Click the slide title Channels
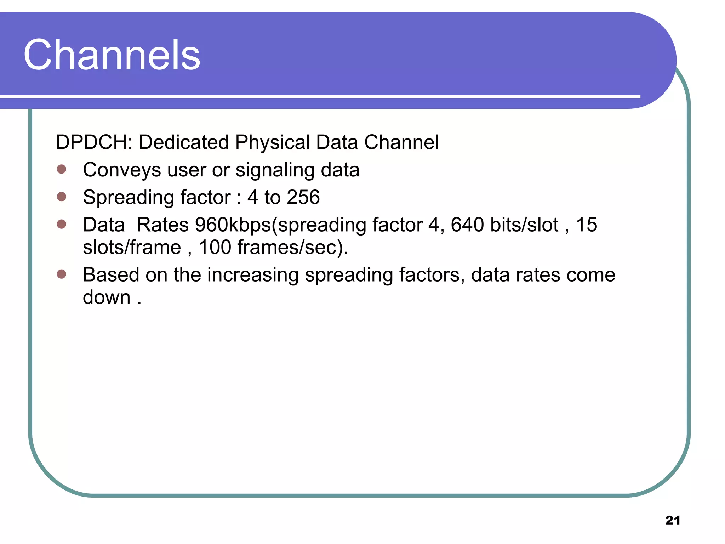(x=112, y=55)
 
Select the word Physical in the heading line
(x=273, y=142)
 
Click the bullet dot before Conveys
(x=62, y=169)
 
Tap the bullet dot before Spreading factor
(x=62, y=197)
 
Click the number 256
(x=303, y=197)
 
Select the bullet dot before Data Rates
(x=62, y=224)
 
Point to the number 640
(x=467, y=225)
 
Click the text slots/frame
(x=132, y=247)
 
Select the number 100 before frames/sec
(x=215, y=247)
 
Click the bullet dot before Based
(x=62, y=274)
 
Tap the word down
(x=107, y=297)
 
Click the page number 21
(x=673, y=520)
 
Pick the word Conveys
(x=122, y=170)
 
